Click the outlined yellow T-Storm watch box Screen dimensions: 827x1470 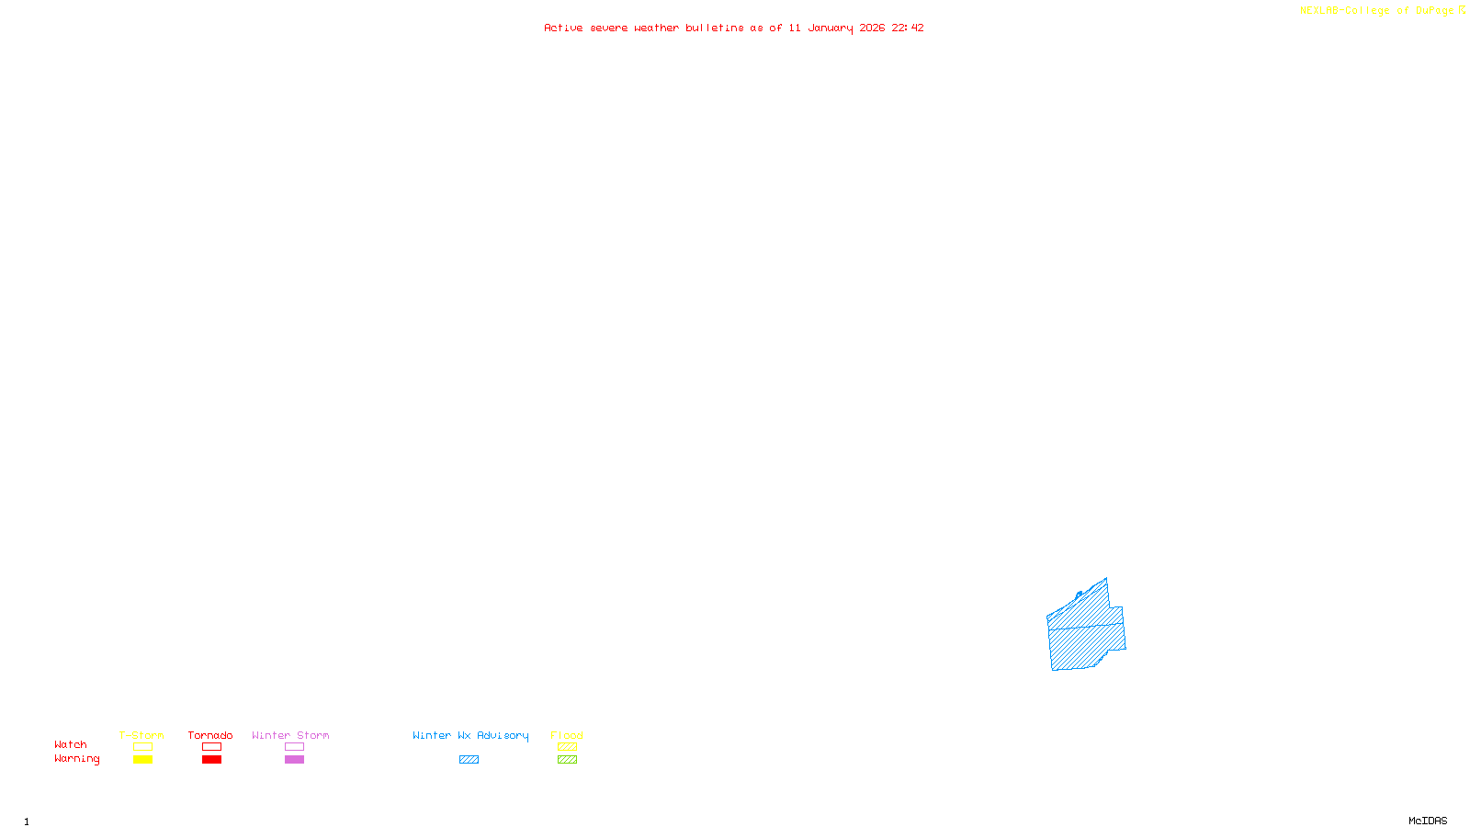[x=142, y=747]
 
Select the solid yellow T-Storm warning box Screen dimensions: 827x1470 [x=142, y=760]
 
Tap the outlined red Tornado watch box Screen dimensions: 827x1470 [x=211, y=747]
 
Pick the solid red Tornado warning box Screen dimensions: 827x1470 [x=211, y=760]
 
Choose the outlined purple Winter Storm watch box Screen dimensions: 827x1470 [x=294, y=747]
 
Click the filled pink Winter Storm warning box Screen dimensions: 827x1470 [x=294, y=760]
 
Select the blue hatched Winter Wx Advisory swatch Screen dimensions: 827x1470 [x=469, y=760]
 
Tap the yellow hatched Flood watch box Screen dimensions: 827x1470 [x=567, y=747]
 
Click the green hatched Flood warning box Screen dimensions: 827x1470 [x=567, y=760]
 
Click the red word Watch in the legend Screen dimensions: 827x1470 [x=71, y=745]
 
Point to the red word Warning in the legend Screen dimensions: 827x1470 [x=77, y=759]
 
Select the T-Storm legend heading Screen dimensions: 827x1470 [x=141, y=735]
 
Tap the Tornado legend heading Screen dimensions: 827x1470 [x=210, y=735]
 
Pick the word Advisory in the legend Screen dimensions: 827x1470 [x=503, y=735]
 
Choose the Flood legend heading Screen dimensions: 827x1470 [x=567, y=735]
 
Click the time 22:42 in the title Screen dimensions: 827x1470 [x=908, y=28]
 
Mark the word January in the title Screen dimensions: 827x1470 [x=831, y=28]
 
